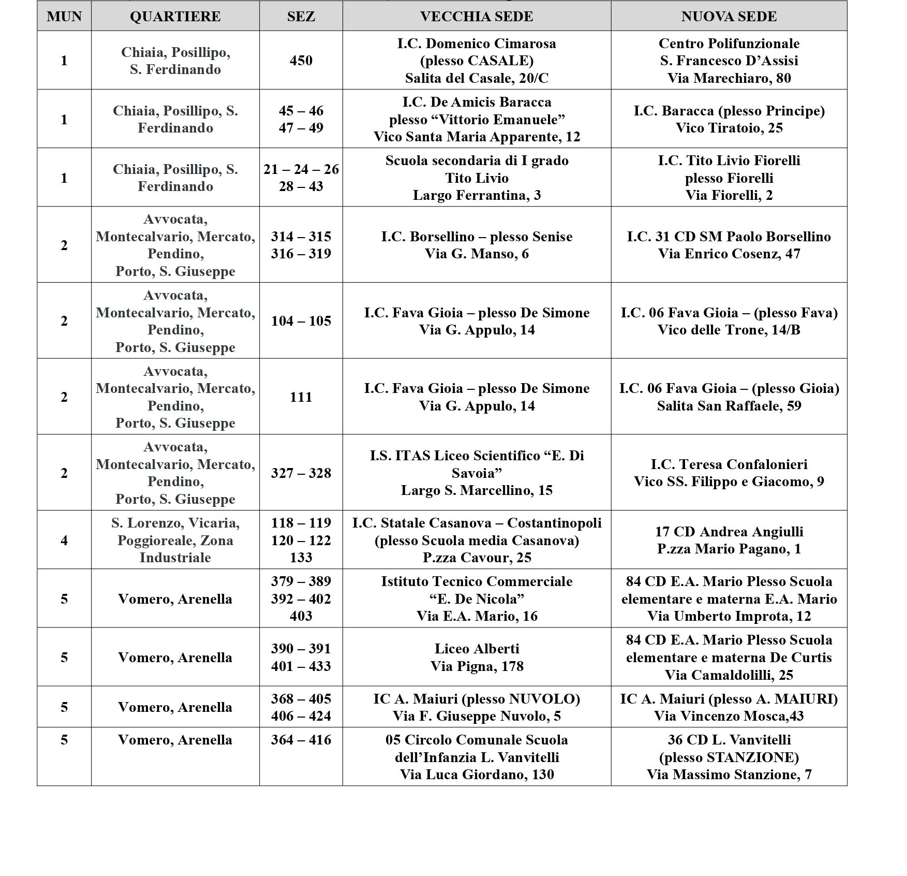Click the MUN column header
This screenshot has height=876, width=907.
pos(64,17)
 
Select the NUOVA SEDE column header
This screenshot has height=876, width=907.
pos(728,17)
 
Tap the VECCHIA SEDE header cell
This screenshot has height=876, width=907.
pos(477,17)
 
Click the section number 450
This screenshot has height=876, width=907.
pos(301,61)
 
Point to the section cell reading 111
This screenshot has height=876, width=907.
pos(301,397)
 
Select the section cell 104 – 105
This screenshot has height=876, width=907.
pos(301,321)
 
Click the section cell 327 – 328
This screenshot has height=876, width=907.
pos(301,473)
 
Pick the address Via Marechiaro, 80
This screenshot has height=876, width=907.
pos(728,78)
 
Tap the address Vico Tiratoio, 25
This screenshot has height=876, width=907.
pos(728,128)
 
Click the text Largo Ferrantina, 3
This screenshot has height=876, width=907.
pos(477,195)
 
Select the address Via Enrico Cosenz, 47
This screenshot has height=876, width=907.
pos(728,254)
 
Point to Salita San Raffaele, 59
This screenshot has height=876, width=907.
pos(728,406)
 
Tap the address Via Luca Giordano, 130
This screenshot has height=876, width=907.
pos(477,775)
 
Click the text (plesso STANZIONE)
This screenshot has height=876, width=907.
pos(728,757)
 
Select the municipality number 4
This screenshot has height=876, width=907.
pos(64,541)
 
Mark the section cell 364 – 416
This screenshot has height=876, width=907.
pos(301,740)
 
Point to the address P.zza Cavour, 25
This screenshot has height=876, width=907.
pos(477,558)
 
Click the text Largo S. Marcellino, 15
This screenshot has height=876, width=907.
pos(477,490)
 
